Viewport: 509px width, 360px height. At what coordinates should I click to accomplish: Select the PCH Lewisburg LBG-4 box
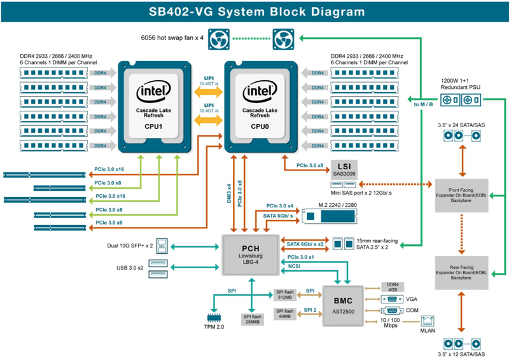[250, 255]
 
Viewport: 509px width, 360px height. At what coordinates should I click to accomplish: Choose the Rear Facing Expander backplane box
[461, 270]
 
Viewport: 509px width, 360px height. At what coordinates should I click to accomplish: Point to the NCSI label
[295, 266]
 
